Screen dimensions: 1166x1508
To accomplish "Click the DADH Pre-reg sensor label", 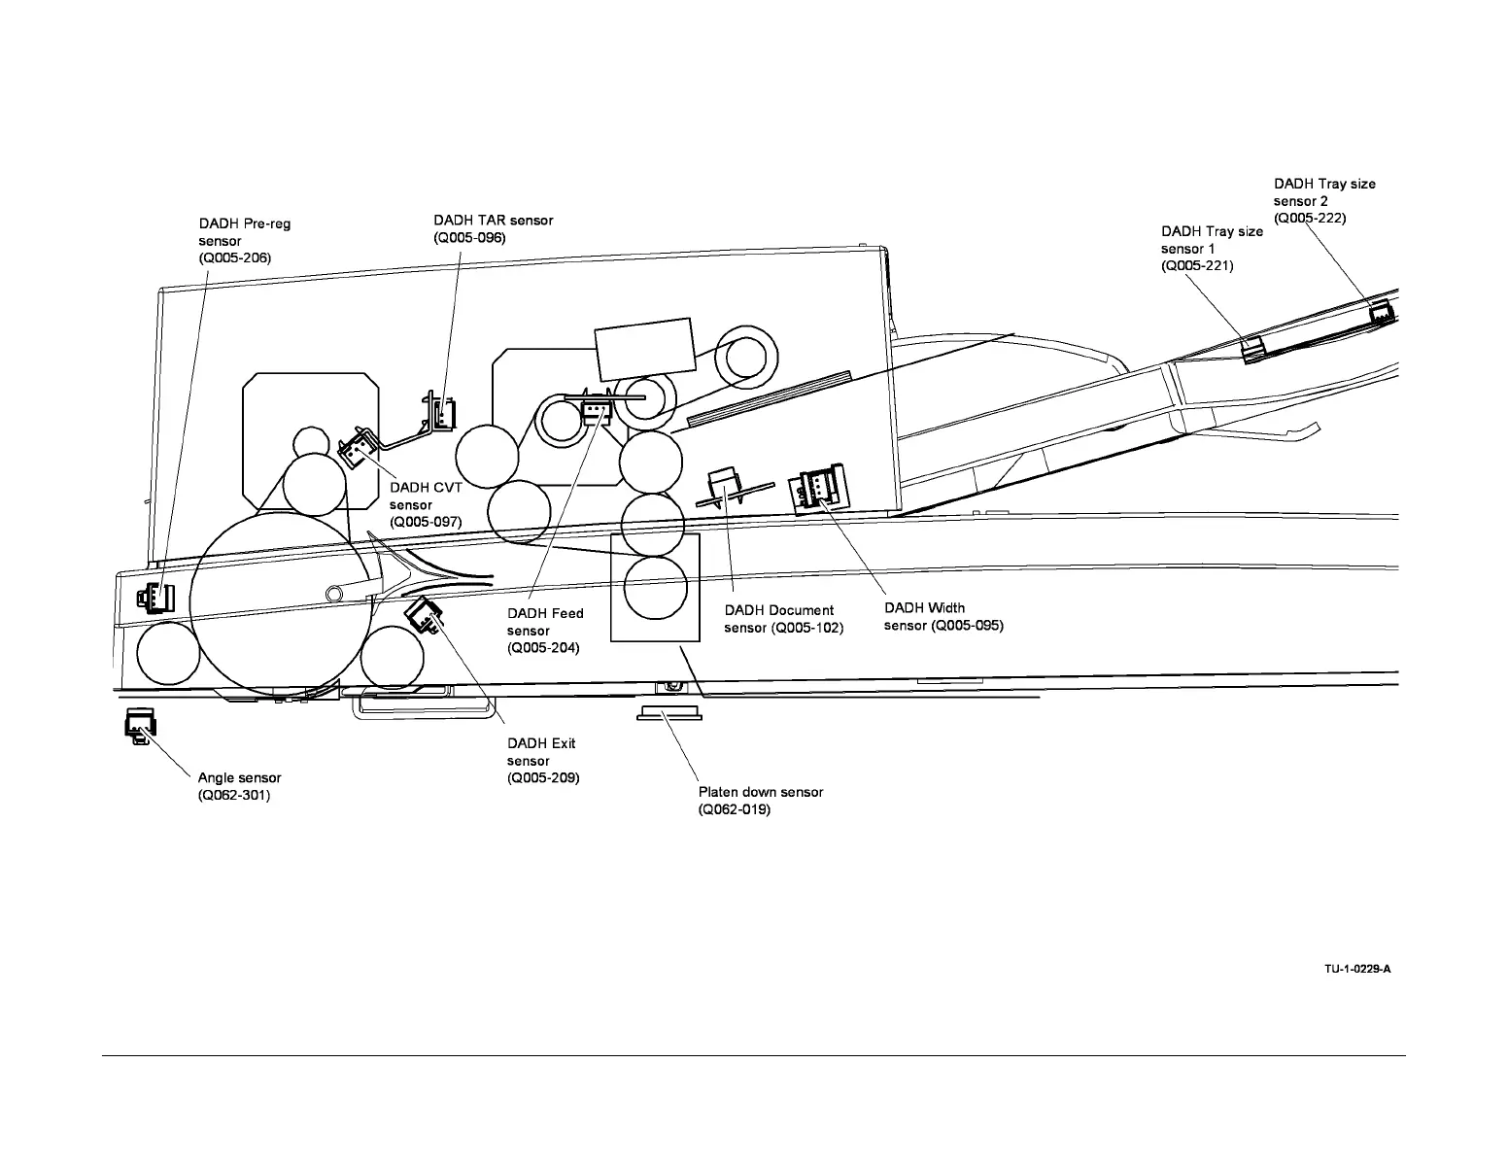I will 244,241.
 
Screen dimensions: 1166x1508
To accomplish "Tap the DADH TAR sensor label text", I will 493,228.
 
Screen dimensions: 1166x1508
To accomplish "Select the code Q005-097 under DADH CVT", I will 426,522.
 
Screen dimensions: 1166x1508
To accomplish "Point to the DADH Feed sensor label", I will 545,631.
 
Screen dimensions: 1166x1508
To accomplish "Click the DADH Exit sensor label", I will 543,760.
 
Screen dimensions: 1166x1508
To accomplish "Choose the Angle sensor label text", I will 239,786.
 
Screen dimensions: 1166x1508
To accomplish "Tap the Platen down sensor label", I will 760,801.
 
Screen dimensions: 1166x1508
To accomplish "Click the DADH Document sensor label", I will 783,619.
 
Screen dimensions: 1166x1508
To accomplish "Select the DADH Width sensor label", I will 942,617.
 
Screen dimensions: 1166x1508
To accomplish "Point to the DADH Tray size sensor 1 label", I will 1212,248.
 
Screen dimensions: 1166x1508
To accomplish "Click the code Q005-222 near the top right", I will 1310,219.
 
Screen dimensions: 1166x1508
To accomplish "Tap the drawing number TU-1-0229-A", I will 1357,969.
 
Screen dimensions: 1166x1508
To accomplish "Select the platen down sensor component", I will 668,714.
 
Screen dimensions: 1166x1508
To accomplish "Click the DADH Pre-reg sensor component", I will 154,597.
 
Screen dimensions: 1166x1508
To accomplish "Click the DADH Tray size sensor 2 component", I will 1381,313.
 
